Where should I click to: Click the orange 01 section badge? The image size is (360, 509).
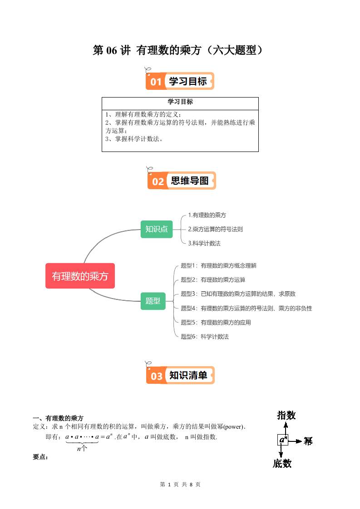pos(180,81)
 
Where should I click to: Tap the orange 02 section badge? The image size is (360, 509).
pos(182,181)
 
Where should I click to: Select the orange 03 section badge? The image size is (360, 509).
pos(180,375)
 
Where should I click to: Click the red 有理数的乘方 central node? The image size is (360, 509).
pos(80,276)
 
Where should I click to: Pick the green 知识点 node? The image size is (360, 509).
pos(156,229)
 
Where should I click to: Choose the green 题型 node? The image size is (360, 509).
pos(153,301)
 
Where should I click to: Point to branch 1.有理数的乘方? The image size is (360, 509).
pos(207,215)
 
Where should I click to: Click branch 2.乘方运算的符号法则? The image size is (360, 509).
pos(216,229)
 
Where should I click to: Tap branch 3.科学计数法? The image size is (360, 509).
pos(204,244)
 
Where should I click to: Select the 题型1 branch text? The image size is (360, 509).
pos(219,266)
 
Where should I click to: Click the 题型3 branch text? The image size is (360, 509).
pos(238,294)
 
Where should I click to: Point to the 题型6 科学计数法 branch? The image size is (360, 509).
pos(205,337)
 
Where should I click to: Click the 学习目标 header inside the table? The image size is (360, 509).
pos(180,102)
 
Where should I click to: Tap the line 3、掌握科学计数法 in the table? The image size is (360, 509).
pos(134,139)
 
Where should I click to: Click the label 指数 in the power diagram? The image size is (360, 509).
pos(286,415)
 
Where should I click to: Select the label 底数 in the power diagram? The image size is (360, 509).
pos(282,463)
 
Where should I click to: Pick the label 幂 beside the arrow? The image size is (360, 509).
pos(308,441)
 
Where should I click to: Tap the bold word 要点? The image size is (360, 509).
pos(40,457)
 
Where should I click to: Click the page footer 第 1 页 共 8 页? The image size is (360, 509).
pos(180,485)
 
